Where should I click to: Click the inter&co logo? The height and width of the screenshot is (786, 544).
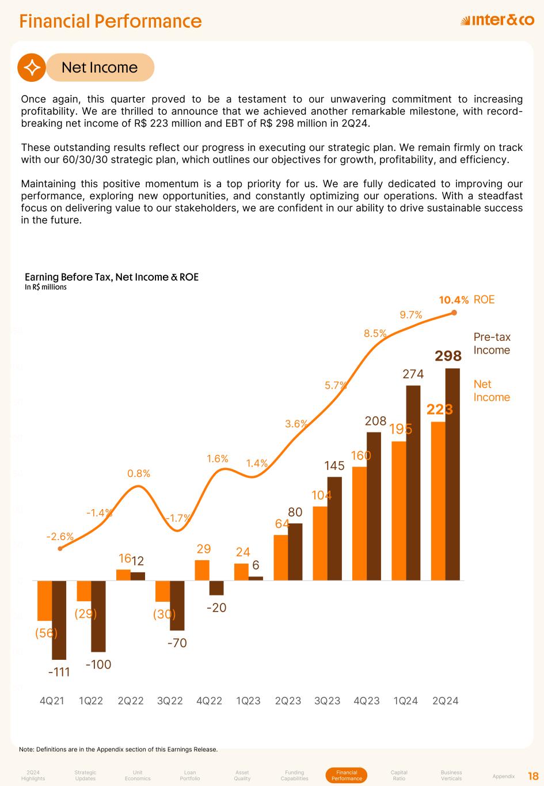497,21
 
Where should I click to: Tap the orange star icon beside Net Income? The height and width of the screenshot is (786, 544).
32,67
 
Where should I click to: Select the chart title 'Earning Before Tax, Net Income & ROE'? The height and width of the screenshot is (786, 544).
112,277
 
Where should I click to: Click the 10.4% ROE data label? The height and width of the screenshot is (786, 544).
454,300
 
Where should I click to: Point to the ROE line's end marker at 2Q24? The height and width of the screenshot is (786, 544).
454,313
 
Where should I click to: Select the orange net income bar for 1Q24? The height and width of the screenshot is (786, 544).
399,511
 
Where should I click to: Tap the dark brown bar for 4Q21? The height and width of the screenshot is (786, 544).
59,620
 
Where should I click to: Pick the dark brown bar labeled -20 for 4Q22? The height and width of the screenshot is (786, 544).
216,587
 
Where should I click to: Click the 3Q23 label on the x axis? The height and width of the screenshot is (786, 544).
327,701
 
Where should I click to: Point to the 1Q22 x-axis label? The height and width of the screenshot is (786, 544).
91,701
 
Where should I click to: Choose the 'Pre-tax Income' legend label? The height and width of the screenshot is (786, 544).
492,344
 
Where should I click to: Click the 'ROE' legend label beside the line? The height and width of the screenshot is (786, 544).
484,300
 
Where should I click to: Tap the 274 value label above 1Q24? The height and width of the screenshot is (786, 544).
413,374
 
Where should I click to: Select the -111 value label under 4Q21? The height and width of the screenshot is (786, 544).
59,671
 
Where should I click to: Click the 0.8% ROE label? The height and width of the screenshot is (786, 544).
139,473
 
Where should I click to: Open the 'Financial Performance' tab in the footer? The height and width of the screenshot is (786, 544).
347,775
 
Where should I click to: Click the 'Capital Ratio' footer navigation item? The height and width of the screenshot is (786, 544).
399,775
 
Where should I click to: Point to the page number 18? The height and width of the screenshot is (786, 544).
533,776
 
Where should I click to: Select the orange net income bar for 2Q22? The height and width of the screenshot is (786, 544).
123,575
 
